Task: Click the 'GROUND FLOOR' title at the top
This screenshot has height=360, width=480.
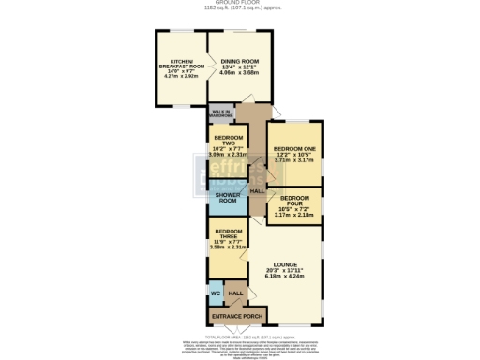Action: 239,3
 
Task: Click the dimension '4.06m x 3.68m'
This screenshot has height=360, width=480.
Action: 239,73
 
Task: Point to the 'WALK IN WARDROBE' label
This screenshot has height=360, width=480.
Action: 221,115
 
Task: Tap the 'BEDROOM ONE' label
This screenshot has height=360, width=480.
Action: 295,149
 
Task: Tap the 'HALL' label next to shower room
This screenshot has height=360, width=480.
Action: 257,190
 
